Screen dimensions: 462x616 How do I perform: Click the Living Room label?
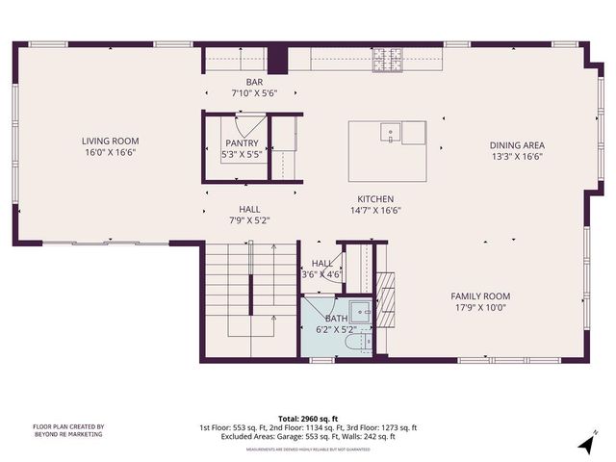[x=111, y=141]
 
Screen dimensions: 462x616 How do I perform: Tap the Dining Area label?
[x=518, y=145]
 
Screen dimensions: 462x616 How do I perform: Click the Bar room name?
[x=254, y=83]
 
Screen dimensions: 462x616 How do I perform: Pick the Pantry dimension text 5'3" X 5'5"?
[x=243, y=154]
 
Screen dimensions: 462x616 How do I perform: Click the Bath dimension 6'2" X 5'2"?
[x=337, y=329]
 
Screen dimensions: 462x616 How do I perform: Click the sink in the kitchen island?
[x=390, y=132]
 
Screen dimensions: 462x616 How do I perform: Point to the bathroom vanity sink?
[x=360, y=312]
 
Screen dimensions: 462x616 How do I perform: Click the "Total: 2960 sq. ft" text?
[x=308, y=420]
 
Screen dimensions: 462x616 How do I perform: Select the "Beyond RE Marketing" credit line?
[x=69, y=435]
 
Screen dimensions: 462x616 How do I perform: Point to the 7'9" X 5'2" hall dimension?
[x=249, y=220]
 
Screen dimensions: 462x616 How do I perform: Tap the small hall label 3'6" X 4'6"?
[x=321, y=274]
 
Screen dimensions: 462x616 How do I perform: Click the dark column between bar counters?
[x=278, y=59]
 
